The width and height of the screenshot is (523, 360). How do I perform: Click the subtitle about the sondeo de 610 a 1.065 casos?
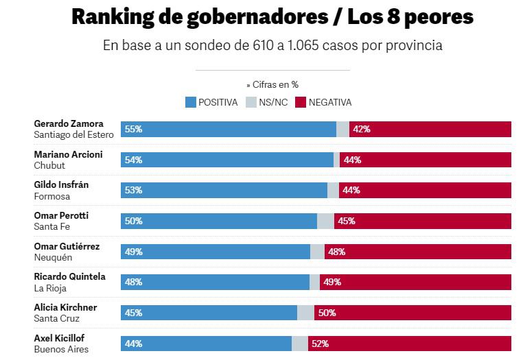click(x=272, y=46)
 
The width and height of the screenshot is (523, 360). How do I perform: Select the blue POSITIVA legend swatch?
click(x=191, y=102)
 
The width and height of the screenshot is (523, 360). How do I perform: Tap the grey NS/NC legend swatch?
click(x=252, y=102)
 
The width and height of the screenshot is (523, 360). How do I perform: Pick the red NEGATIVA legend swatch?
click(x=300, y=102)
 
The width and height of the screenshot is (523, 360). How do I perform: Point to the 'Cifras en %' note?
click(x=272, y=85)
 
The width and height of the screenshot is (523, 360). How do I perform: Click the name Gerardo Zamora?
click(x=68, y=123)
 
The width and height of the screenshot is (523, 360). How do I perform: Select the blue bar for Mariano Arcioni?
click(x=226, y=160)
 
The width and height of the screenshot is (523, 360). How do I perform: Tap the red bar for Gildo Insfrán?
click(x=425, y=191)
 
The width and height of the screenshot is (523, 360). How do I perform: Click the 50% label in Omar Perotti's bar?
click(x=134, y=221)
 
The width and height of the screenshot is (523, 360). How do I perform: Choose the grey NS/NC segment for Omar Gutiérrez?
click(x=317, y=252)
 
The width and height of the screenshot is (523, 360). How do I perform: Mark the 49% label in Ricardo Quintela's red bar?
click(x=332, y=282)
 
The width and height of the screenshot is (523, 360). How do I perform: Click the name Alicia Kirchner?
click(x=65, y=307)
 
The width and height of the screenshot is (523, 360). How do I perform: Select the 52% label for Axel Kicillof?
click(x=320, y=344)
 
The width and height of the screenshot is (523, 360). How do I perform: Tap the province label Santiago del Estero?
click(x=73, y=135)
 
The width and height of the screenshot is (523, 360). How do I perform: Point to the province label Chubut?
click(x=49, y=166)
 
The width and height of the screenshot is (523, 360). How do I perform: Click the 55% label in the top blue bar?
click(x=134, y=129)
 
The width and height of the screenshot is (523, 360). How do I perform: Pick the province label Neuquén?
click(x=52, y=258)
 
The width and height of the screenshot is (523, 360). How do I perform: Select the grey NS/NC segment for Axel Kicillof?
click(x=299, y=344)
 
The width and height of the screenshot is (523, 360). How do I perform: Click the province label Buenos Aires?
click(x=61, y=350)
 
